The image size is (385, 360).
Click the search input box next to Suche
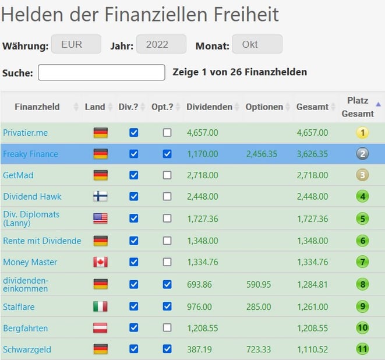tap(101, 72)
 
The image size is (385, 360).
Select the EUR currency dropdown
tap(76, 44)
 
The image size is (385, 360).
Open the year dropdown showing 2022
tap(161, 44)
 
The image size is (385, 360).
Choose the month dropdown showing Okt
tap(257, 44)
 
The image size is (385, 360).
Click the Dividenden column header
tap(209, 107)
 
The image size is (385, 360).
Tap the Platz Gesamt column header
tap(357, 107)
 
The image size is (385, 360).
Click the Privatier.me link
tap(26, 133)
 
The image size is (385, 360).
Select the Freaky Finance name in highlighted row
tap(30, 154)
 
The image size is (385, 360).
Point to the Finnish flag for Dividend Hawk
tap(100, 197)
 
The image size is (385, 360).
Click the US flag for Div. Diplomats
tap(100, 218)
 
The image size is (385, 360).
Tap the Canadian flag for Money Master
tap(100, 262)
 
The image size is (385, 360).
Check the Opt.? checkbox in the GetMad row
tap(167, 175)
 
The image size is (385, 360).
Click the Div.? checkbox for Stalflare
tap(134, 306)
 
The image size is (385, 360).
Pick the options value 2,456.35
tap(262, 154)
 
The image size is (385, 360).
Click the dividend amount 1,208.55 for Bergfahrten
tap(203, 328)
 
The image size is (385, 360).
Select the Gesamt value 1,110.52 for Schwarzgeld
tap(312, 350)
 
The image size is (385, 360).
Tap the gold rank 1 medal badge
tap(363, 132)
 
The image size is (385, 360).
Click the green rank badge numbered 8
tap(363, 284)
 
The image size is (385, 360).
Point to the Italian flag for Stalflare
tap(100, 306)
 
